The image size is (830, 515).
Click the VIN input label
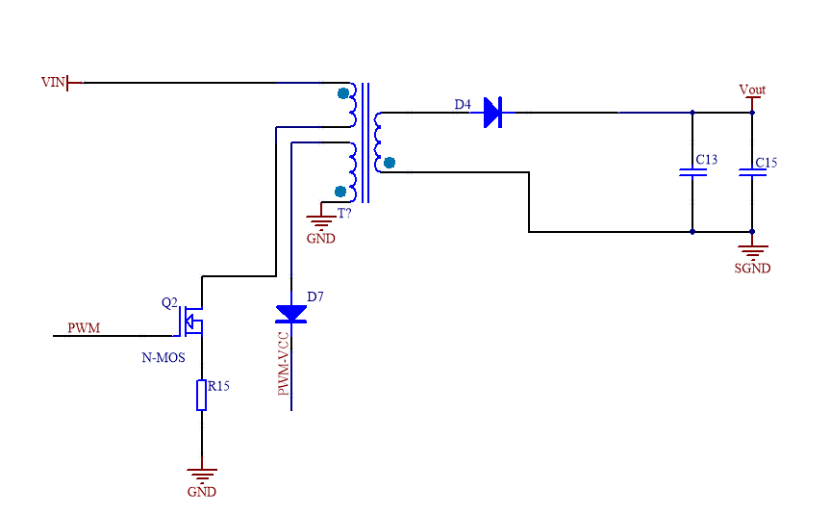52,83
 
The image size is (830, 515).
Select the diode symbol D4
491,113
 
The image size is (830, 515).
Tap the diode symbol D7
291,313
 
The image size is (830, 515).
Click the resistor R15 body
201,395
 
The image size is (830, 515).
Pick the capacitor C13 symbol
692,172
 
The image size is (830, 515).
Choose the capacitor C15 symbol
752,172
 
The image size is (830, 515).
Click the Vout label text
752,90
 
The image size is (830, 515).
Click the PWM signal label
84,328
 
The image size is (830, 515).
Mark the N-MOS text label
163,357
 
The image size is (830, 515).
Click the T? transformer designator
343,213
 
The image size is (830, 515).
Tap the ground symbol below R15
201,474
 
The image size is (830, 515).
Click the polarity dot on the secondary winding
389,163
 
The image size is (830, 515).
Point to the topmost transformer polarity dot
343,93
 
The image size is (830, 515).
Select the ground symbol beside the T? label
321,220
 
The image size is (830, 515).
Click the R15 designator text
218,386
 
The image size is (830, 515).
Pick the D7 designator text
315,296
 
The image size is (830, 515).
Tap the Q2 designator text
169,302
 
